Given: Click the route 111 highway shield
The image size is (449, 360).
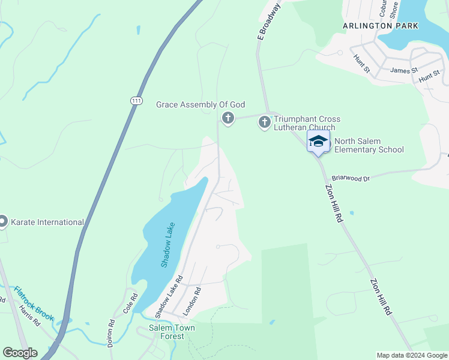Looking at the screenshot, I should tap(137, 101).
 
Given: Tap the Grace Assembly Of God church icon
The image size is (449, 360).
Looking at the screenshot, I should tap(228, 118).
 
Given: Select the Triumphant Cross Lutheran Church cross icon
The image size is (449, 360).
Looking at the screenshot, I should tap(264, 122).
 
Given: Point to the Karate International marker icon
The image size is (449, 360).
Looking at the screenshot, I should tap(3, 222).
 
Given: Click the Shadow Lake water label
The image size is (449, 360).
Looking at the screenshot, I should tap(168, 245).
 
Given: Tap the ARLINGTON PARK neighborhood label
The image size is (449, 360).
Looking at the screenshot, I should tap(381, 26).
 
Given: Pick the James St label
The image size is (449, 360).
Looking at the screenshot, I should tap(403, 71).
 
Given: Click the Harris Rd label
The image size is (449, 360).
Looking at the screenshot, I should tap(29, 314).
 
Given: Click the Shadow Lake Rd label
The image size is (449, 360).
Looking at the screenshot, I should tap(169, 297).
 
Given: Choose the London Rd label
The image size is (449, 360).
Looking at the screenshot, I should tap(191, 302).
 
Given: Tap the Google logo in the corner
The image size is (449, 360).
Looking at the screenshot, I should tap(20, 353).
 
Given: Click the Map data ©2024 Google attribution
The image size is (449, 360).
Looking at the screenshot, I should tap(411, 355).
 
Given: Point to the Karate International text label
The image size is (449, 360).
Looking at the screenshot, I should tap(49, 222).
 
